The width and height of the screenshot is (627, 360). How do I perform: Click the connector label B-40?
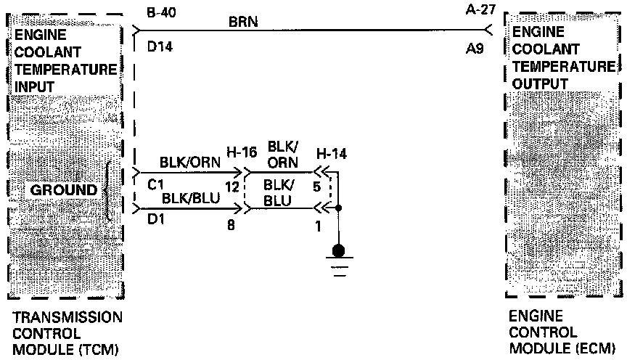(161, 14)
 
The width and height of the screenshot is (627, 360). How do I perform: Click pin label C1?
(155, 186)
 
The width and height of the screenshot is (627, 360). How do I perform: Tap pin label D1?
(155, 218)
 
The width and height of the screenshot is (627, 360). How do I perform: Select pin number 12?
(232, 187)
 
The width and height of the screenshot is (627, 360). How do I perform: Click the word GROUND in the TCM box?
(64, 190)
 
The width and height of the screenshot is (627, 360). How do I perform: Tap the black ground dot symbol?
(338, 252)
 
